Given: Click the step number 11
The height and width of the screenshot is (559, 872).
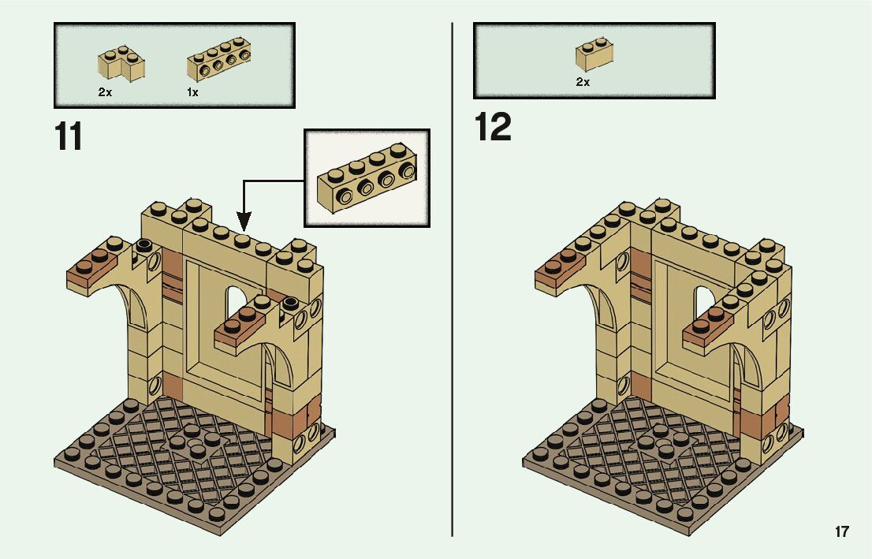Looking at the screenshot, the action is (69, 136).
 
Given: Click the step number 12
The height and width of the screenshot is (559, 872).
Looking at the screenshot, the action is (493, 128).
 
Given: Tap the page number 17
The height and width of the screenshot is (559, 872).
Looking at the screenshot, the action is (842, 531).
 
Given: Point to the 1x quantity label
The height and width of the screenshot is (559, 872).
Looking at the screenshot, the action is (192, 92).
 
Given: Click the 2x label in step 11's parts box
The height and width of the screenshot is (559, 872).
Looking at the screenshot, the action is (105, 92).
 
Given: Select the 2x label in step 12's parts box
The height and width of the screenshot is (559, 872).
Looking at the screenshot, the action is (583, 81).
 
